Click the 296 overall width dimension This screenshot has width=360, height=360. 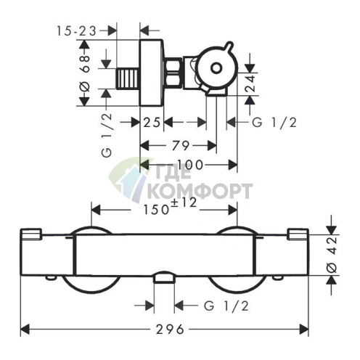point(170,330)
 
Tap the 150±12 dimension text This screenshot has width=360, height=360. point(170,207)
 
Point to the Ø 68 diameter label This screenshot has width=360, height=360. point(85,73)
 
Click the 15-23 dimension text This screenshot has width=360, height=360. point(76,31)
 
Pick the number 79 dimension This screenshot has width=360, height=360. point(181,146)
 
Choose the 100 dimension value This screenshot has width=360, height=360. point(190,165)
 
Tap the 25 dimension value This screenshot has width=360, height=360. point(152,123)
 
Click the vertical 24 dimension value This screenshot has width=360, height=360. point(250,83)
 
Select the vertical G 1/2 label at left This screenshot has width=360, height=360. point(107,135)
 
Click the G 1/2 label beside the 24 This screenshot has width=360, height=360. point(274,123)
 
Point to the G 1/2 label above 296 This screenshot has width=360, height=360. point(226,306)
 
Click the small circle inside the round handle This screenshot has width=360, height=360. point(216,68)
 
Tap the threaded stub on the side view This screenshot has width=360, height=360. point(128,78)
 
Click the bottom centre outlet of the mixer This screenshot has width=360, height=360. point(164,277)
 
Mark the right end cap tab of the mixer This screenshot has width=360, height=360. point(298,234)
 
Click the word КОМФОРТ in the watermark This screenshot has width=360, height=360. point(200,191)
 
